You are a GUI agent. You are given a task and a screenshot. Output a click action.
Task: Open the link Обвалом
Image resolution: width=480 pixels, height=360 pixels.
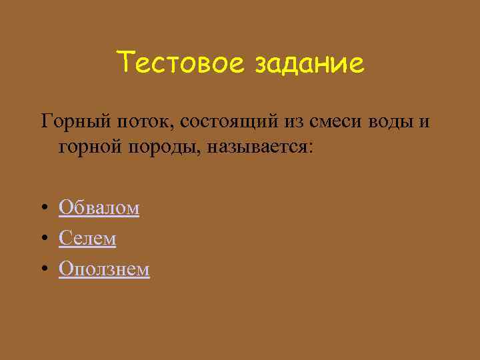(99, 208)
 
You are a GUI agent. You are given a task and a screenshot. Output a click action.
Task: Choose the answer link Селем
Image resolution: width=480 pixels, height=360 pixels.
(87, 238)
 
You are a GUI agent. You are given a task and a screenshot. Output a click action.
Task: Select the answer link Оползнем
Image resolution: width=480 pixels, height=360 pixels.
(104, 268)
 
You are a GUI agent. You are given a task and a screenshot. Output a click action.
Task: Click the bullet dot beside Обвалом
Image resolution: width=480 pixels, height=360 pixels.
(43, 209)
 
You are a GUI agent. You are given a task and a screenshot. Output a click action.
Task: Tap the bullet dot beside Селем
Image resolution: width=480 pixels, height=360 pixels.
(43, 239)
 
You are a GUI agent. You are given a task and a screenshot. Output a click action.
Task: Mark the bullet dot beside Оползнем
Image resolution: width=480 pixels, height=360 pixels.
(43, 269)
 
